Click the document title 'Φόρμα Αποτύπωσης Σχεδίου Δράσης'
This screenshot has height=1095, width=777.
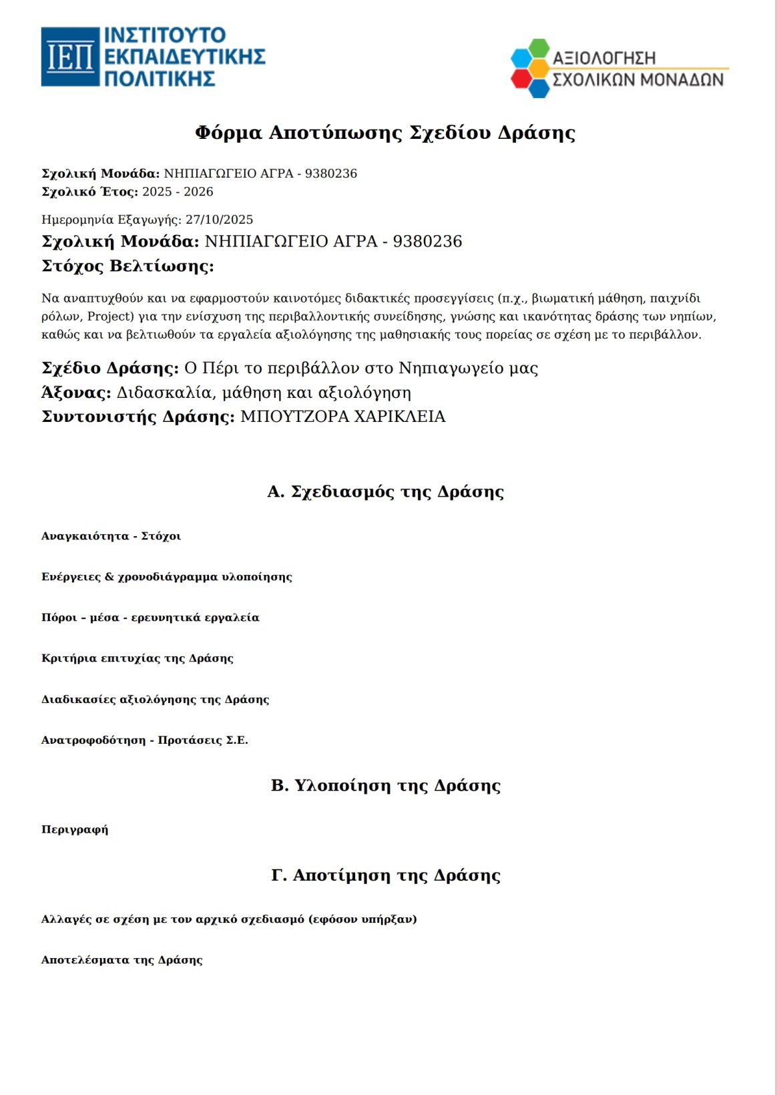pyautogui.click(x=384, y=132)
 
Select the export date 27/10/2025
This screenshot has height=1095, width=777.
pyautogui.click(x=219, y=220)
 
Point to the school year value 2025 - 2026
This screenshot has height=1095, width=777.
pyautogui.click(x=178, y=192)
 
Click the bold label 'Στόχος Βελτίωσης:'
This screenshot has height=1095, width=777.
pyautogui.click(x=127, y=266)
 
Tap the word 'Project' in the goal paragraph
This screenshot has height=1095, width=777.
pyautogui.click(x=111, y=316)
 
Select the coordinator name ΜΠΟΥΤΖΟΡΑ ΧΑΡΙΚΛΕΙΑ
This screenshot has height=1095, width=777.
pyautogui.click(x=342, y=417)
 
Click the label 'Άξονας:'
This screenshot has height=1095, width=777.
pyautogui.click(x=76, y=393)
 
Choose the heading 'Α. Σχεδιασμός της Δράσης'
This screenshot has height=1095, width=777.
pyautogui.click(x=385, y=491)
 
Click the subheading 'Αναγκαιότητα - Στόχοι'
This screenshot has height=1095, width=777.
pyautogui.click(x=111, y=536)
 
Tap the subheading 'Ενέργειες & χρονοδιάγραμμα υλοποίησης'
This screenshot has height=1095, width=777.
pyautogui.click(x=166, y=577)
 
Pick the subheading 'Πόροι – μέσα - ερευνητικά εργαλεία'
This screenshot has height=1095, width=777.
pyautogui.click(x=150, y=618)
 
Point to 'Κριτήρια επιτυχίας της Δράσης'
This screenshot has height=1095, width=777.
pyautogui.click(x=137, y=658)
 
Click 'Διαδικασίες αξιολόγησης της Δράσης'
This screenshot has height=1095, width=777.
pyautogui.click(x=155, y=700)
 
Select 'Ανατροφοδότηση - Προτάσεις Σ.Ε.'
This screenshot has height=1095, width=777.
pyautogui.click(x=144, y=740)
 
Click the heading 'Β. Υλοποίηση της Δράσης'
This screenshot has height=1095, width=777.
pyautogui.click(x=385, y=785)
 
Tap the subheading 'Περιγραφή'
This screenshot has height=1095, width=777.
pyautogui.click(x=75, y=830)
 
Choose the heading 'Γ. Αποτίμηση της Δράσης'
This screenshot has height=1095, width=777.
pyautogui.click(x=385, y=875)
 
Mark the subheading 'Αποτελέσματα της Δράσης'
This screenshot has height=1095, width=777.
pyautogui.click(x=121, y=960)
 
